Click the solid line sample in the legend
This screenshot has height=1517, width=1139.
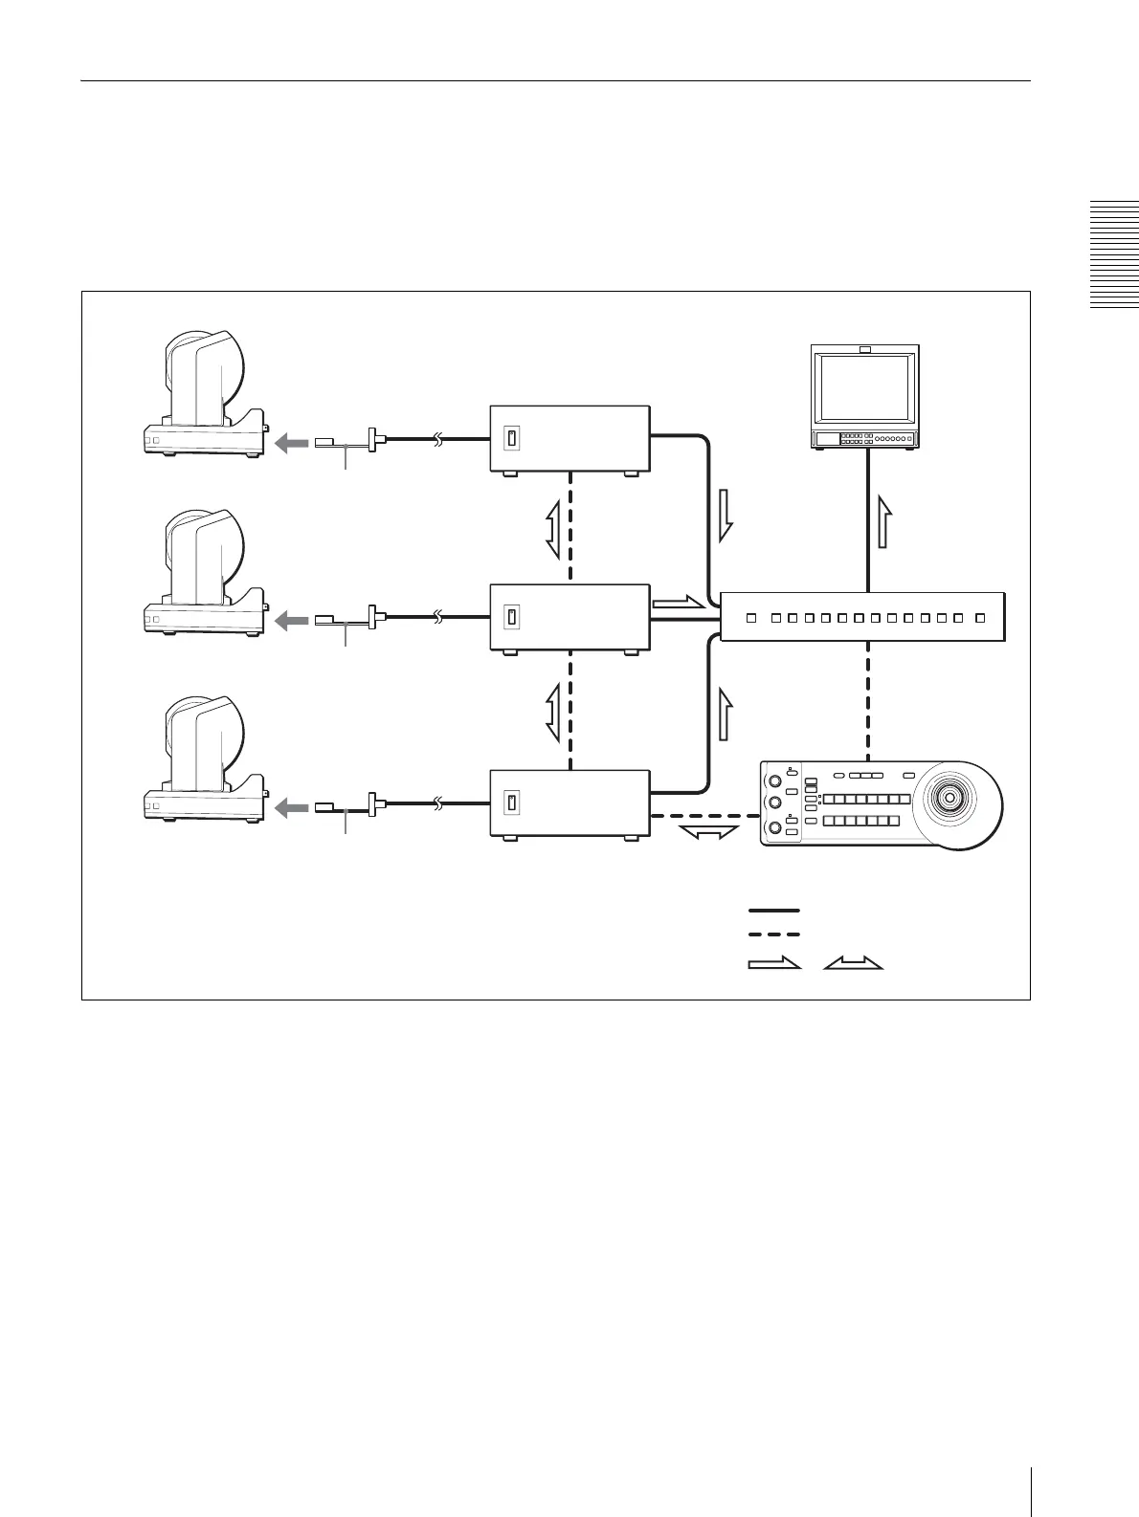pyautogui.click(x=773, y=910)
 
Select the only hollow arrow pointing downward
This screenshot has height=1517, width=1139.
pyautogui.click(x=725, y=515)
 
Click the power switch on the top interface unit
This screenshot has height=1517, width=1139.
pyautogui.click(x=512, y=438)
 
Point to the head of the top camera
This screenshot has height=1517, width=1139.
pyautogui.click(x=204, y=374)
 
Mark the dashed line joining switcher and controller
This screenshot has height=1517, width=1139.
pyautogui.click(x=868, y=698)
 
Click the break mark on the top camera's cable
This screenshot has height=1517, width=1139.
pyautogui.click(x=438, y=440)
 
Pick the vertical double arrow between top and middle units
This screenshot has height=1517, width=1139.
pyautogui.click(x=554, y=532)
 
